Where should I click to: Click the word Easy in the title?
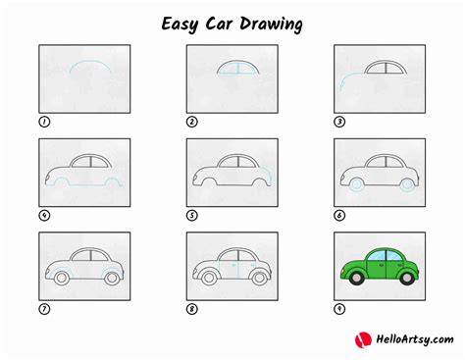tap(180, 25)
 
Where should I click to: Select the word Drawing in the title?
tap(271, 25)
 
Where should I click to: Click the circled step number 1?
tap(44, 122)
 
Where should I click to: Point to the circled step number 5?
tap(192, 216)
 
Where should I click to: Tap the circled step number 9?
tap(339, 309)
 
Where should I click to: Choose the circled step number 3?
tap(339, 122)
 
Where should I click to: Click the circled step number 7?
tap(44, 309)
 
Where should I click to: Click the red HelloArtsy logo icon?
tap(363, 340)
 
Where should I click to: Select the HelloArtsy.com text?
tap(415, 339)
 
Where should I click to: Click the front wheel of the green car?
tap(356, 278)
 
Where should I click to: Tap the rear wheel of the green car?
tap(407, 278)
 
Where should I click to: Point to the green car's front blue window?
tap(377, 255)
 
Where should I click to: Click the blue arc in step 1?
tap(90, 61)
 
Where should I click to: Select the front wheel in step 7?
tap(61, 279)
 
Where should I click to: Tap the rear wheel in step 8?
tap(260, 279)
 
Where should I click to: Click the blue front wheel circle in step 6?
tap(356, 184)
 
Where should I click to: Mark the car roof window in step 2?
tap(238, 68)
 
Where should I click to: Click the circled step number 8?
tap(192, 309)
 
